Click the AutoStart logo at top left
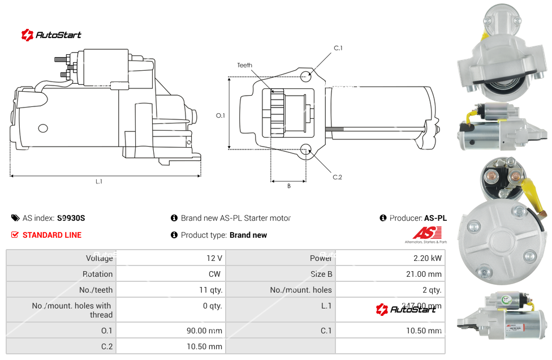point(51,35)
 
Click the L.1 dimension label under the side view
point(99,182)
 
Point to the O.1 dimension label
point(221,115)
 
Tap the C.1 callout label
point(338,48)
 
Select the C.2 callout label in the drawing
point(338,177)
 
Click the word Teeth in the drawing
point(244,65)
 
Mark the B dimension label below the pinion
point(288,186)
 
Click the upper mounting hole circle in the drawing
point(306,76)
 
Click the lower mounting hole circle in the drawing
point(306,149)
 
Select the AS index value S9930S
point(71,218)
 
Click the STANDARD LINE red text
point(52,235)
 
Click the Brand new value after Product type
point(248,235)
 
